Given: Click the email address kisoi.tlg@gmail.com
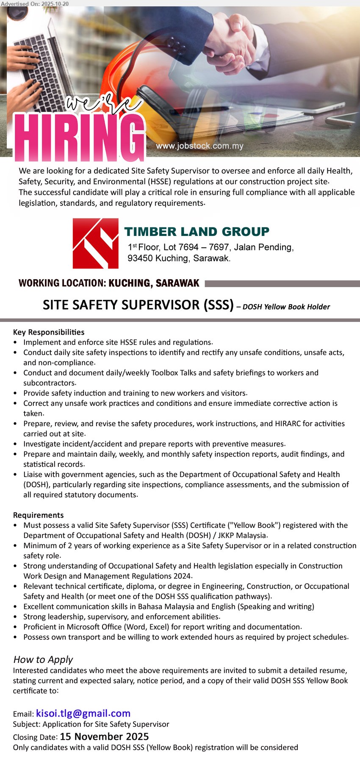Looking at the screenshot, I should tap(83, 714).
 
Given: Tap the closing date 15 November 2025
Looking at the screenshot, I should tap(104, 737).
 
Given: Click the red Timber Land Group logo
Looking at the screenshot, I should tap(95, 243).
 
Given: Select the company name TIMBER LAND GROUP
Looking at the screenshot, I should tap(197, 232).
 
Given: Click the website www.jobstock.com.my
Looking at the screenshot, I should tap(199, 146).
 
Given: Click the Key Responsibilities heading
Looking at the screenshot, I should tap(49, 332).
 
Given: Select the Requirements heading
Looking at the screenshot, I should tap(38, 515).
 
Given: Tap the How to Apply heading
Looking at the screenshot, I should tap(43, 660).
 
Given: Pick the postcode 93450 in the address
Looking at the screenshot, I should tap(140, 258).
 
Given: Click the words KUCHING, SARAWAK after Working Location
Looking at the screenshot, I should tap(154, 283).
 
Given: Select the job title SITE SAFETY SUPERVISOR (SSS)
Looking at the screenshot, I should tap(138, 305).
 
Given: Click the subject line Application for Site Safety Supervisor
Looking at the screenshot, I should tap(105, 724).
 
